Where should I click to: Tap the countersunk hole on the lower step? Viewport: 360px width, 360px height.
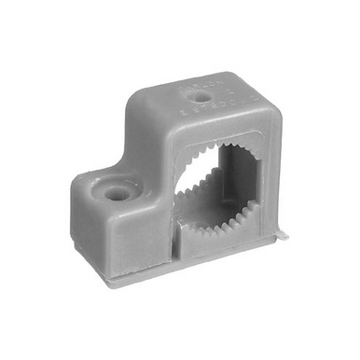tap(118, 193)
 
